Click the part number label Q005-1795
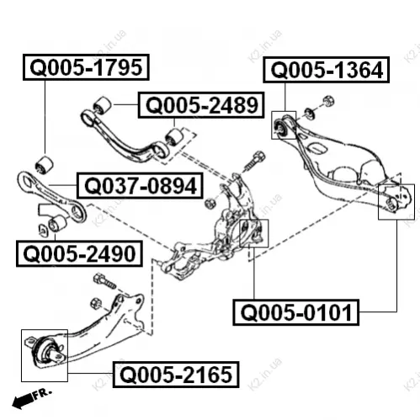click(x=86, y=67)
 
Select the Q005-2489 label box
click(x=201, y=105)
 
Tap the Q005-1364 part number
click(x=326, y=70)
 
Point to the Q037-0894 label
click(x=140, y=186)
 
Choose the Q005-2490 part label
click(x=79, y=253)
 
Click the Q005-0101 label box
click(x=296, y=312)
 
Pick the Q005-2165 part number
click(x=176, y=375)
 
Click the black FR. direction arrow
click(x=23, y=400)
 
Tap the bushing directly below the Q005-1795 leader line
click(x=45, y=164)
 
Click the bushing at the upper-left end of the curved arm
click(x=102, y=105)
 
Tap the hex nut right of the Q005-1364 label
click(x=328, y=101)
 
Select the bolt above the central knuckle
click(x=253, y=162)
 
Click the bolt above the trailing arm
click(x=104, y=281)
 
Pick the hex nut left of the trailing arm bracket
click(x=96, y=304)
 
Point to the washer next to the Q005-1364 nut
click(x=310, y=113)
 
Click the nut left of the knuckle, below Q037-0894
click(x=209, y=203)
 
